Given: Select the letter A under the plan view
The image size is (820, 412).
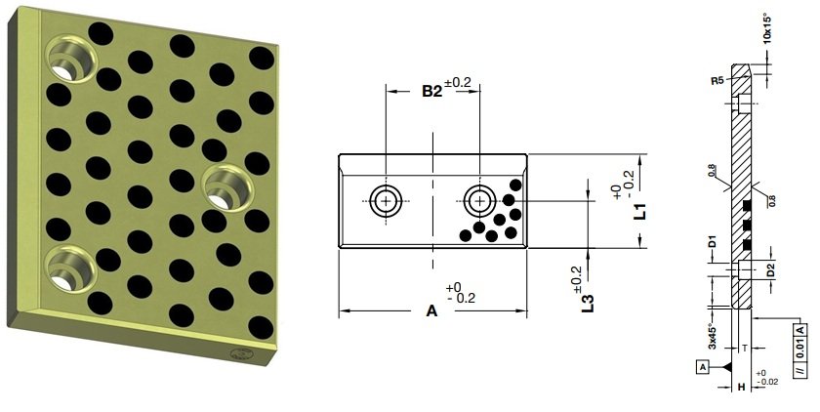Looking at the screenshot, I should point(431,311).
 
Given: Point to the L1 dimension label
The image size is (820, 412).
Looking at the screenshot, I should point(638,212).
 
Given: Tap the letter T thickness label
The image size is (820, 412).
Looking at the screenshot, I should point(744,346).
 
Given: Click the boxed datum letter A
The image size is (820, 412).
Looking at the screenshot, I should point(702,367).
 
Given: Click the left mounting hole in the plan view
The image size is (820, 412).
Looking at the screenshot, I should point(387,201).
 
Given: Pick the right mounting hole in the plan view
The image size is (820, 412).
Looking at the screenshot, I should point(479,201).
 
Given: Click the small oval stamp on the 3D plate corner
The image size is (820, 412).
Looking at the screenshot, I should point(239,354).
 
